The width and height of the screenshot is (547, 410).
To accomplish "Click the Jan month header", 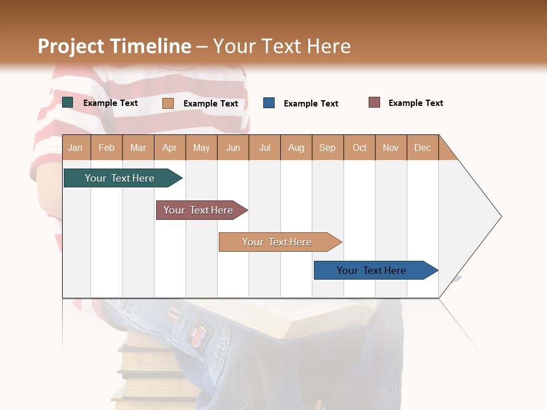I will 75,147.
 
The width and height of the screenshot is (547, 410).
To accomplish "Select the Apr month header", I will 170,147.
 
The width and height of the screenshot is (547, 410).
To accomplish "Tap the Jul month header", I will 264,147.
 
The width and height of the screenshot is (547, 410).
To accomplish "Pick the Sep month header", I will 327,147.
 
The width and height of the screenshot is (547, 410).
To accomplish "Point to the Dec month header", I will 422,147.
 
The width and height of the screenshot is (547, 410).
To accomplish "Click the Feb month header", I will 107,147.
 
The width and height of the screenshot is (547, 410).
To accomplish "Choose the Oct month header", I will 360,147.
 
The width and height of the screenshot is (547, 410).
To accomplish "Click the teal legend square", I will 68,102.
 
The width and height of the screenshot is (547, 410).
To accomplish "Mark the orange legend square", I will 168,103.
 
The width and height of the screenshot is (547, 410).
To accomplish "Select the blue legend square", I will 269,103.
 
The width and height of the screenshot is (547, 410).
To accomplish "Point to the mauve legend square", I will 374,102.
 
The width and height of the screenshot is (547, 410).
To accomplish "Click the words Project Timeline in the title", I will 115,46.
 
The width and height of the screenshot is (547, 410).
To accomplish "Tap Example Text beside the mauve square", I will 415,103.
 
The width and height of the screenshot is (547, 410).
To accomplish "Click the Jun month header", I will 233,147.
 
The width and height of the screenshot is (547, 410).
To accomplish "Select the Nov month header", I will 391,147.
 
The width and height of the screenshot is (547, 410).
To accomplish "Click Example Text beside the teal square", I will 111,103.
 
